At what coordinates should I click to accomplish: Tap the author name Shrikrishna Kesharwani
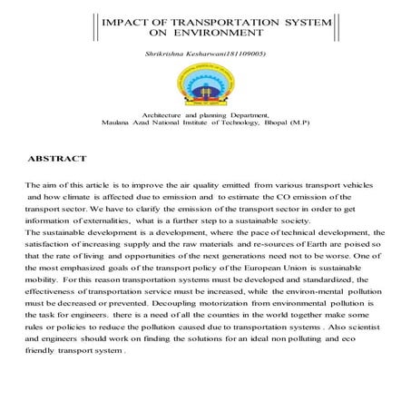191,56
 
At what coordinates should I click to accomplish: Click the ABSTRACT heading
58,159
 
